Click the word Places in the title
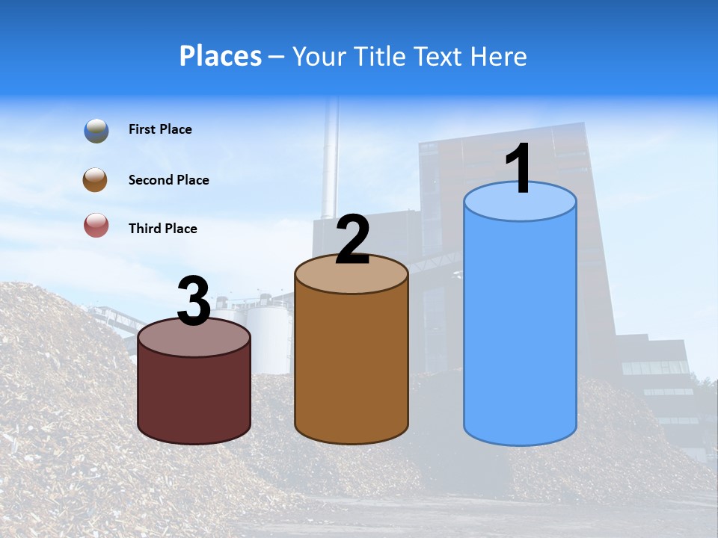point(221,56)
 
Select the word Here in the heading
point(498,56)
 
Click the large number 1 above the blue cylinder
point(519,169)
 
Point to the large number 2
point(352,240)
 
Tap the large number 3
point(194,301)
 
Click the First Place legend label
point(160,129)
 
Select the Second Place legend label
point(168,180)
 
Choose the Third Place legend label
point(163,229)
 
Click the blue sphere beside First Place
point(96,130)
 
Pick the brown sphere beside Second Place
point(96,180)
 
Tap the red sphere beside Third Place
point(96,225)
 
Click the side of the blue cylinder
point(520,329)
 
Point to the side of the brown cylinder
point(352,366)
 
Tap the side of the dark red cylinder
point(194,396)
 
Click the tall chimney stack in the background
point(330,161)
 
